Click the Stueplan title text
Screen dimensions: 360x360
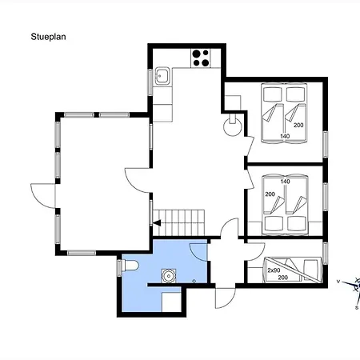click(x=48, y=37)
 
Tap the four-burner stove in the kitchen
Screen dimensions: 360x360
click(x=201, y=58)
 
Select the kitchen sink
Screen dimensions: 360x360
click(x=162, y=76)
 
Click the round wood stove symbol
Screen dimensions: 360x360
click(x=233, y=125)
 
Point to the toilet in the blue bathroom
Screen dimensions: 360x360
click(x=130, y=266)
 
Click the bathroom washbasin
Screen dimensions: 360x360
click(x=169, y=276)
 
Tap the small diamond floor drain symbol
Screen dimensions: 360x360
click(x=194, y=281)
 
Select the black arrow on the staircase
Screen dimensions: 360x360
click(x=157, y=223)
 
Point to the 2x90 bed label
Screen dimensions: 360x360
click(x=274, y=270)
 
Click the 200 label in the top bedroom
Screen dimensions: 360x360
click(x=298, y=125)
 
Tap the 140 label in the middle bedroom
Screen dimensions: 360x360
click(x=285, y=182)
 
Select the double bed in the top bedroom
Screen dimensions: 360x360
click(x=284, y=113)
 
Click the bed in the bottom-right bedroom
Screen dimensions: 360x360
click(x=292, y=270)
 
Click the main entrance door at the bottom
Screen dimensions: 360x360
click(x=225, y=298)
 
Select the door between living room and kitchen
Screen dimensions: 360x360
click(x=137, y=180)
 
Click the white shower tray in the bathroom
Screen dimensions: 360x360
click(x=171, y=302)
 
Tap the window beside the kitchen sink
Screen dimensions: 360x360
click(x=150, y=82)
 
